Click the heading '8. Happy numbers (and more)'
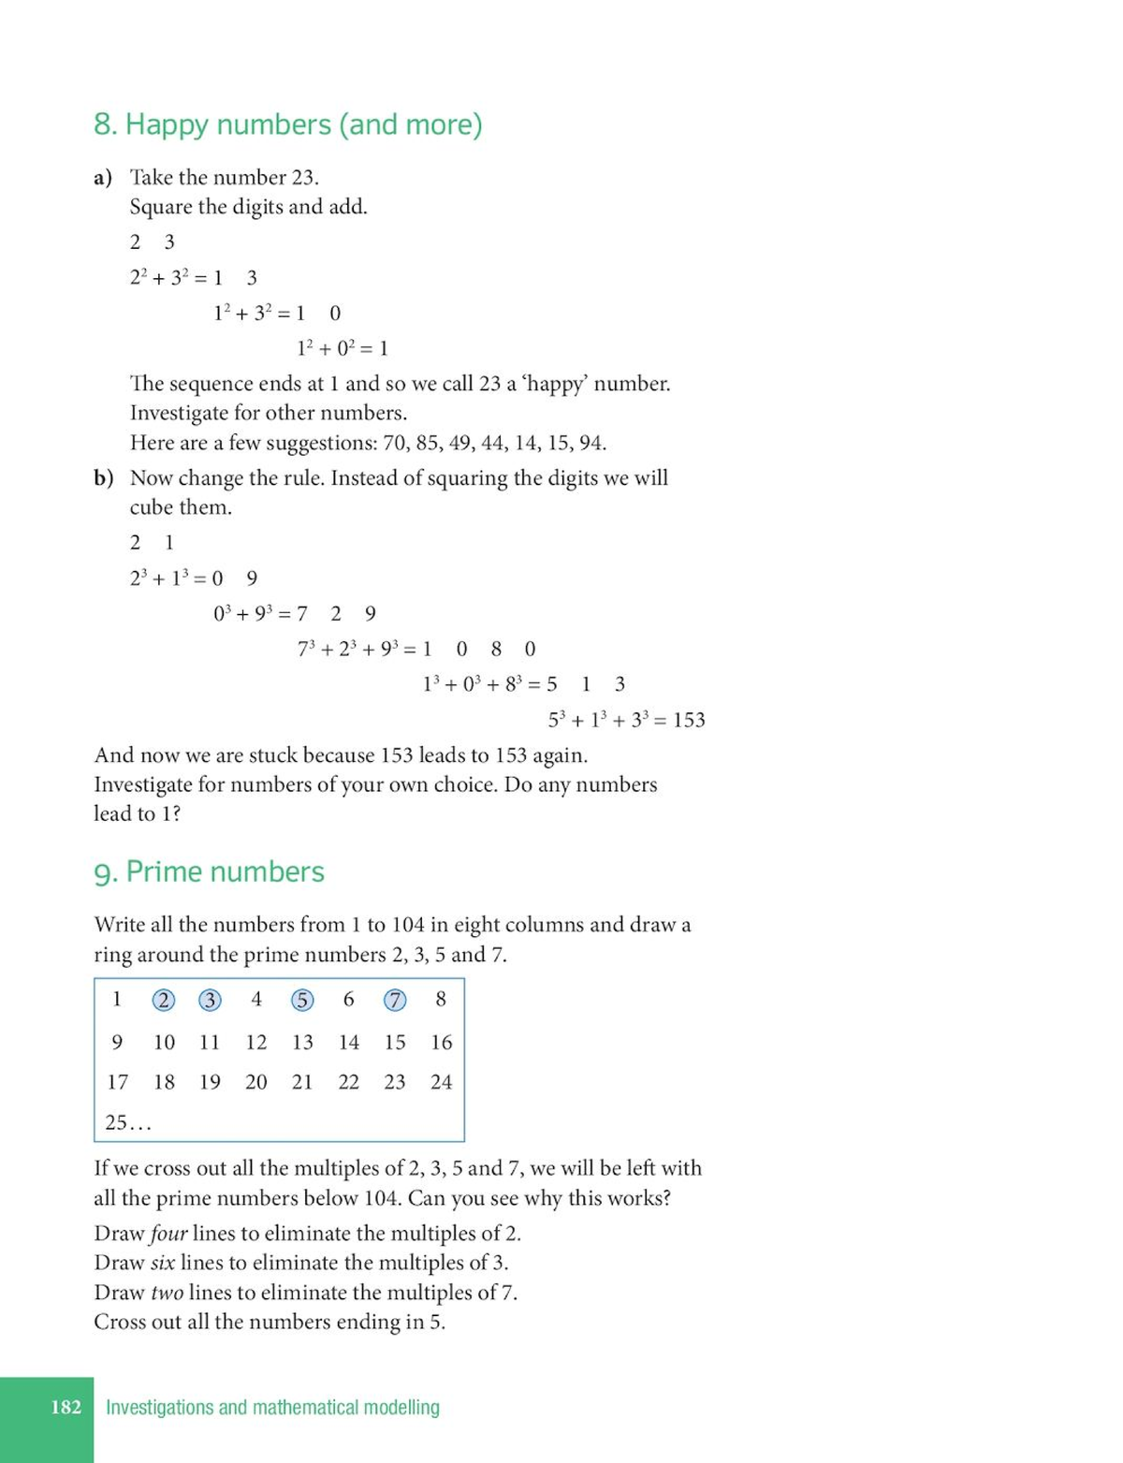287,124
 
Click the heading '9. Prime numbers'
209,871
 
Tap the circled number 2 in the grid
163,1000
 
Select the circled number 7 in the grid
395,1000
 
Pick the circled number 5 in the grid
301,1000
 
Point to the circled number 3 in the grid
210,1000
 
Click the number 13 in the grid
302,1042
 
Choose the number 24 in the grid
441,1082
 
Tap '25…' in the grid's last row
128,1122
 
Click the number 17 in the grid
117,1082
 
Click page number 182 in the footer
66,1407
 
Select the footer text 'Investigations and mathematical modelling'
272,1407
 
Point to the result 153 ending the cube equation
689,720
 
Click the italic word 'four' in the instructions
168,1233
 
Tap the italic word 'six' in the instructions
162,1263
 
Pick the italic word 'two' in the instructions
167,1293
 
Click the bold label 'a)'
103,178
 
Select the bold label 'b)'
103,478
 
